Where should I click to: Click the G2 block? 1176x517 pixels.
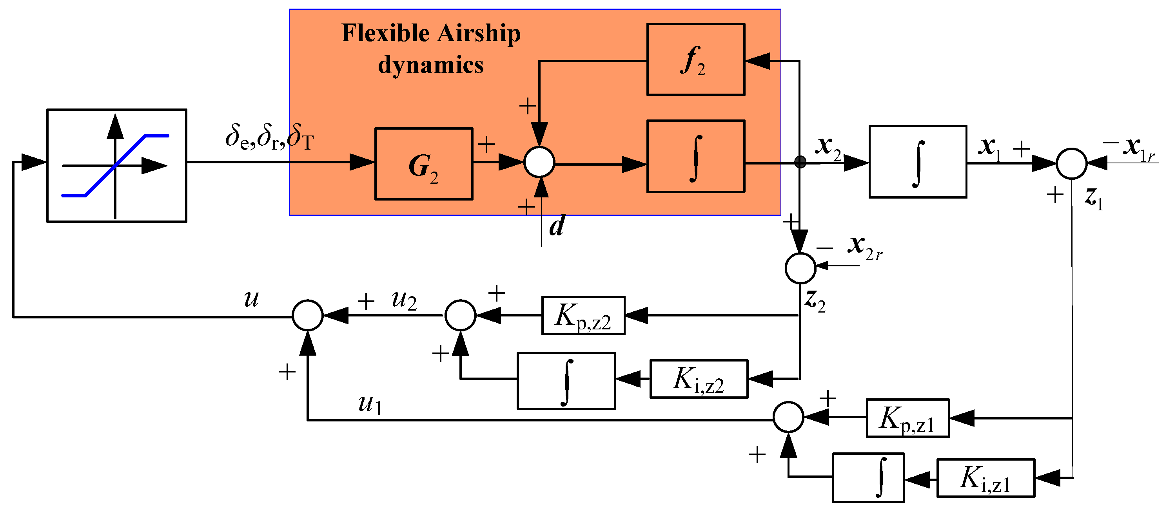423,164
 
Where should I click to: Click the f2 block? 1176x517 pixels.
695,59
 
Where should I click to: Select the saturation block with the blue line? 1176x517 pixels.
116,166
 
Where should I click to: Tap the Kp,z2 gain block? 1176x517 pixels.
583,316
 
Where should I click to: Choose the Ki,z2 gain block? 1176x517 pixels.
699,379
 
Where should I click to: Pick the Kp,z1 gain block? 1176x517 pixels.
907,418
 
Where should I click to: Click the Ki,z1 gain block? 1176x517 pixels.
985,478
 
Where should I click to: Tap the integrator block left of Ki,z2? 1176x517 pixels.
566,381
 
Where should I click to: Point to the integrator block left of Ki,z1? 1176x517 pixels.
868,478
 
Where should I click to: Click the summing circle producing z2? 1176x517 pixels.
800,268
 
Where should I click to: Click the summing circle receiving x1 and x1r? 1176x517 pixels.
1071,163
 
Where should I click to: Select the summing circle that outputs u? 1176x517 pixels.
307,315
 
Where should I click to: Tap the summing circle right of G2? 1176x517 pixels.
539,163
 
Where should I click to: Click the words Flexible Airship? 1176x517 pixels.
430,33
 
